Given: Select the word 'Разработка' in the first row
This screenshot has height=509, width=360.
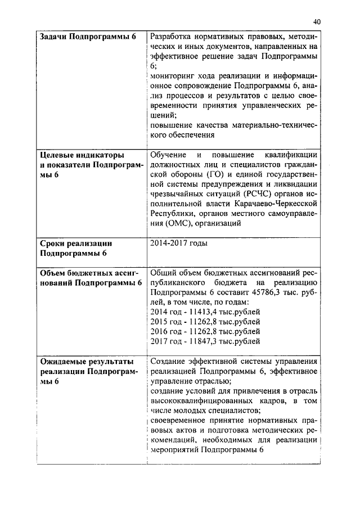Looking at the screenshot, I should click(171, 37).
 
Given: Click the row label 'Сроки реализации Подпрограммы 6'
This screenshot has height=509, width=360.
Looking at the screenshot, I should click(76, 248).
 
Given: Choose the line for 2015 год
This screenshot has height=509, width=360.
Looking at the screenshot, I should click(205, 322).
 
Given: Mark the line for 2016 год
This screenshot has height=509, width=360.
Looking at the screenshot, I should click(205, 331).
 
